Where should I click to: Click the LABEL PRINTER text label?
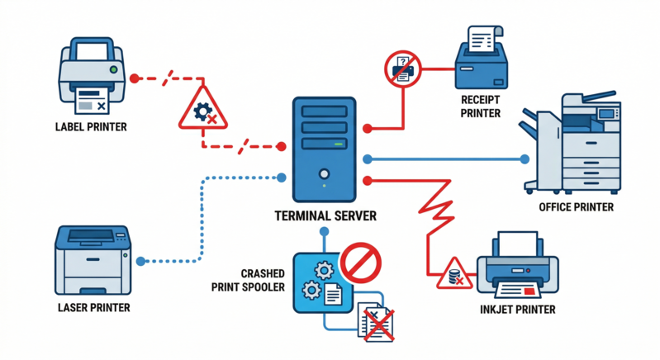pos(91,127)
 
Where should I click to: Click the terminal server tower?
pos(324,149)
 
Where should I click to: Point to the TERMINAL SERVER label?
pos(325,216)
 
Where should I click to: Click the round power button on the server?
pos(325,173)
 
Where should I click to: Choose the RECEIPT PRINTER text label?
pos(481,107)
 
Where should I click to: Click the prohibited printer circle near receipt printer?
pos(402,69)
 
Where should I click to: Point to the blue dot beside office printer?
pos(523,159)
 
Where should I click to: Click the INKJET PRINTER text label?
pos(517,310)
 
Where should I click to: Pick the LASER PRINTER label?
pos(93,307)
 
